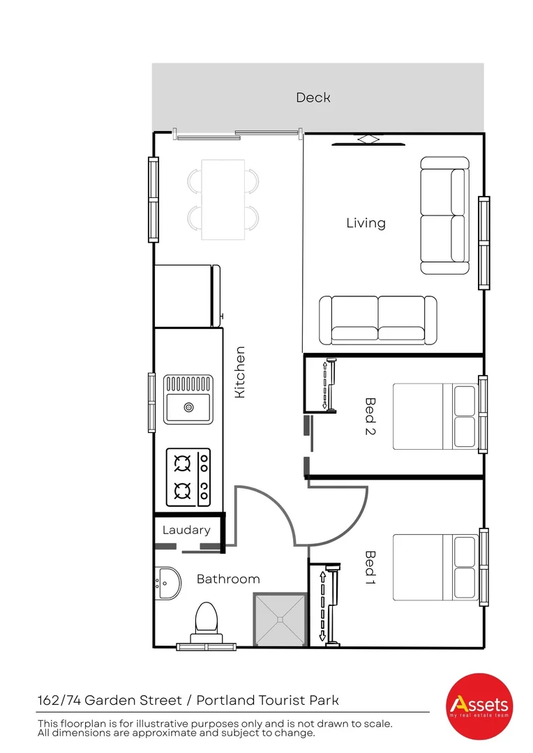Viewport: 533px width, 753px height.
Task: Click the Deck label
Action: point(313,98)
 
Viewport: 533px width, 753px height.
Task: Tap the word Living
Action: point(366,223)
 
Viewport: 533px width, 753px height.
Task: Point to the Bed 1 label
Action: point(370,567)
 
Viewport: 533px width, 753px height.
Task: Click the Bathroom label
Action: point(228,579)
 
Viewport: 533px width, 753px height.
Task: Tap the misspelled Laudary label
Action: point(186,530)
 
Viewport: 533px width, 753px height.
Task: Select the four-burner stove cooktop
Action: point(188,477)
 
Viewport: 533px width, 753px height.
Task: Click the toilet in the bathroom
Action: point(205,620)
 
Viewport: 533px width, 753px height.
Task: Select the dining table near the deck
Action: point(223,199)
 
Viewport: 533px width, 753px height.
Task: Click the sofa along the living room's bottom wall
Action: point(377,320)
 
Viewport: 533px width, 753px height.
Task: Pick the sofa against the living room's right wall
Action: point(444,215)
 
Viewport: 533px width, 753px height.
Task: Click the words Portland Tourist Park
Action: point(267,700)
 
